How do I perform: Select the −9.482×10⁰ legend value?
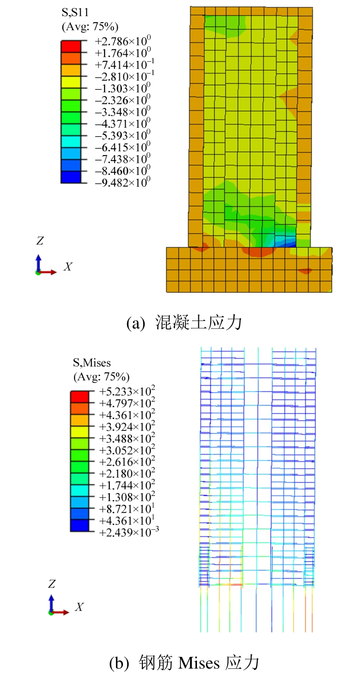tap(122, 182)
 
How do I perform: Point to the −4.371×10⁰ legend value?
tap(122, 123)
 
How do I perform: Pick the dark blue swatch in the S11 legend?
tap(71, 177)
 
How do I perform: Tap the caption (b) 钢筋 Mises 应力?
tap(184, 663)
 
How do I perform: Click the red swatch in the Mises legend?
tap(80, 396)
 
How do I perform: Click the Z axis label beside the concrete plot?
tap(40, 241)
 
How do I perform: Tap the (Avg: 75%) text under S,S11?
tap(90, 26)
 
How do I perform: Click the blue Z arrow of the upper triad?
tap(39, 262)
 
